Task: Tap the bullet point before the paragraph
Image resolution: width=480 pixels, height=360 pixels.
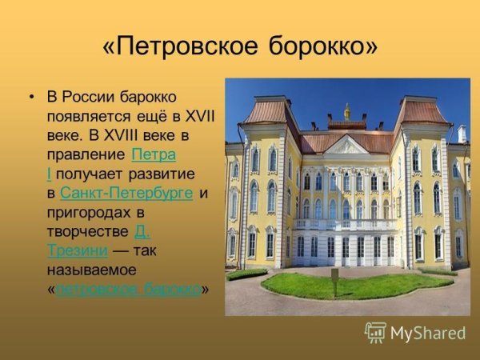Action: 31,98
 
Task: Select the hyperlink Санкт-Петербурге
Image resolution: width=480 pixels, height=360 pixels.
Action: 126,193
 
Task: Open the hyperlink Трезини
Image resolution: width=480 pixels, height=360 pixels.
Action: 78,250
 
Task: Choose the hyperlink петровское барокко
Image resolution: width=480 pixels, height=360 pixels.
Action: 128,289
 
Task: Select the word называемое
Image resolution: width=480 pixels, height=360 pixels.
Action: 91,270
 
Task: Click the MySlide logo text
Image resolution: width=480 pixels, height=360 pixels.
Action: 428,333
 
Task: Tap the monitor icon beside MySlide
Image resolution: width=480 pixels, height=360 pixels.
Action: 376,332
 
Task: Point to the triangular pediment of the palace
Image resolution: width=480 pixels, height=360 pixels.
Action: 346,146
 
